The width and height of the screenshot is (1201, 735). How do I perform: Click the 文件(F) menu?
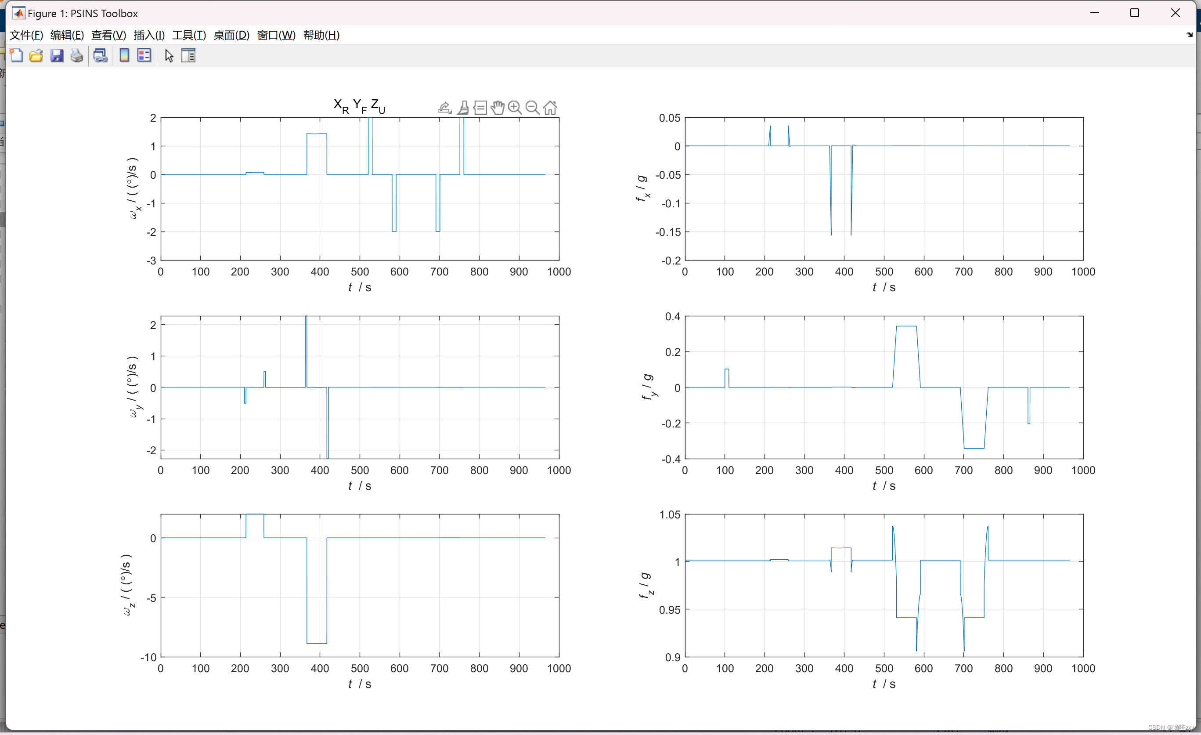click(x=26, y=35)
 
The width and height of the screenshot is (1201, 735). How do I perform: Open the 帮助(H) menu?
click(x=321, y=35)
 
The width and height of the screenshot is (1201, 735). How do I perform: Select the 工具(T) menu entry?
click(x=189, y=35)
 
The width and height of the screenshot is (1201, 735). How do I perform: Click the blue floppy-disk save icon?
click(x=57, y=56)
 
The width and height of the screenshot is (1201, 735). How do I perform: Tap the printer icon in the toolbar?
click(x=76, y=56)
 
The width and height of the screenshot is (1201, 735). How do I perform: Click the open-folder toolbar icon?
click(x=36, y=56)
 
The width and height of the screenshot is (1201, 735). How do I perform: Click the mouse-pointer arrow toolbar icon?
click(x=169, y=56)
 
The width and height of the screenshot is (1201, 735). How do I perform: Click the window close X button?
click(x=1175, y=13)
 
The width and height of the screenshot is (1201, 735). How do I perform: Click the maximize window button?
click(x=1135, y=13)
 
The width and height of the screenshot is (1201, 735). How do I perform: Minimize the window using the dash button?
click(x=1095, y=13)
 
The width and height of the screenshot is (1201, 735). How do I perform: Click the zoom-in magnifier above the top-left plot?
click(x=515, y=107)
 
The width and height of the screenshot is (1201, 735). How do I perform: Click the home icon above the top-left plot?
click(x=550, y=107)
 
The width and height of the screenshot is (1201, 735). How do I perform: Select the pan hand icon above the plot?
click(x=498, y=107)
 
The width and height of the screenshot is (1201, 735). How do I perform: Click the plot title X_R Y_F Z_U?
click(x=359, y=106)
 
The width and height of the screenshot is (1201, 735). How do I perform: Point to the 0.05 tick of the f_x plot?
click(x=669, y=118)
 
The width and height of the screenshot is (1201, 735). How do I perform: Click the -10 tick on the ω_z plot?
click(x=148, y=657)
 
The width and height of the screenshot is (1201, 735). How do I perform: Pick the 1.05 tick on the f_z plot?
click(x=669, y=514)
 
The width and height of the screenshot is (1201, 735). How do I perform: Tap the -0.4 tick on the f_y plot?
click(x=671, y=459)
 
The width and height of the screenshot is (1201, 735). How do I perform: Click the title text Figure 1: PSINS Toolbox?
click(x=83, y=13)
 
